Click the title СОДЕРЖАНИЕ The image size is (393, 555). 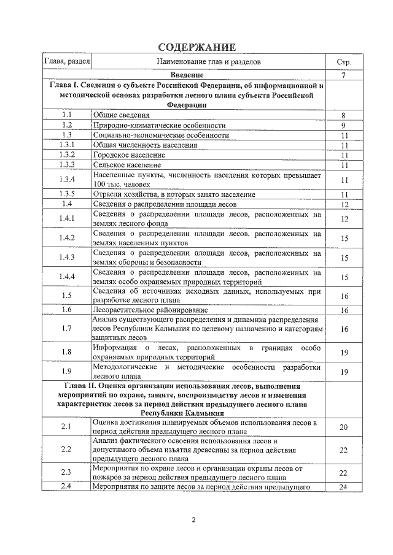[196, 48]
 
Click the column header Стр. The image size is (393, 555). [344, 62]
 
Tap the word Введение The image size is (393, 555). [208, 75]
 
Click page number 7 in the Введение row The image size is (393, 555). [344, 75]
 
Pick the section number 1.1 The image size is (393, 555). [68, 115]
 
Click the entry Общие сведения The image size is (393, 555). [121, 115]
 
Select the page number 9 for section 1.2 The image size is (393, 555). [344, 124]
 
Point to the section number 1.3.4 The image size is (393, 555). [68, 180]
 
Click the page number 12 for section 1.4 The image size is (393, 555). [344, 204]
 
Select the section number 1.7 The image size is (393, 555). [68, 329]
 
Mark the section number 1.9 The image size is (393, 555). [68, 371]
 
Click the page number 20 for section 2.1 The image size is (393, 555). [344, 427]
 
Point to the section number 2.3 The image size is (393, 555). [68, 472]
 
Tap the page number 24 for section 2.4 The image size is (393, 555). [344, 488]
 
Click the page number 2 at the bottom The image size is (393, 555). [193, 521]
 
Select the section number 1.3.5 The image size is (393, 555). [68, 194]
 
